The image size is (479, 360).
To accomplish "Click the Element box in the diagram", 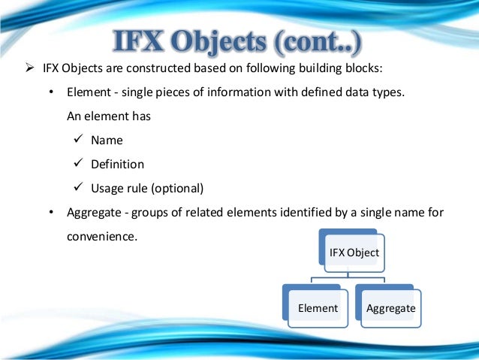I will point(318,308).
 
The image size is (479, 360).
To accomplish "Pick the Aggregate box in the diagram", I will point(390,308).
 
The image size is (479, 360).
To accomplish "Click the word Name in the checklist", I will point(107,141).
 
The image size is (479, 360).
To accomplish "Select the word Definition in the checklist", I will point(117,164).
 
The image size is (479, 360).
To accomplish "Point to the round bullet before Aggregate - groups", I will point(50,212).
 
